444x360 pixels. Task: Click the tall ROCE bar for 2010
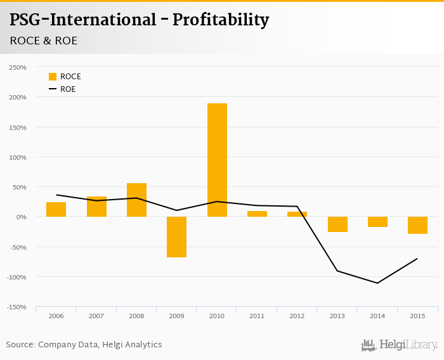pos(217,160)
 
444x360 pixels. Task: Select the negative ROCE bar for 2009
pos(176,237)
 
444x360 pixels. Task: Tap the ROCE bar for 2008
pos(136,200)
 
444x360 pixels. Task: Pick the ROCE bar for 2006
pos(56,210)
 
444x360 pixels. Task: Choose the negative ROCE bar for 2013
pos(337,224)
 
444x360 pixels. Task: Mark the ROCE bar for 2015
pos(417,226)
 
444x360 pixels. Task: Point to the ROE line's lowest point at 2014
pos(377,283)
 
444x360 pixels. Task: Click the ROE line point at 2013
pos(337,271)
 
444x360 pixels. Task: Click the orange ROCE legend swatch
pos(53,77)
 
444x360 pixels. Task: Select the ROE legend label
pos(68,89)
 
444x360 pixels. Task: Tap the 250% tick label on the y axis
pos(18,67)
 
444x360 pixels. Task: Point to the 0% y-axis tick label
pos(21,217)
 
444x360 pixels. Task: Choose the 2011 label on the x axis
pos(257,315)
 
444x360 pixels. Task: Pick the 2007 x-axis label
pos(96,315)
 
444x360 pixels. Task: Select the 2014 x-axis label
pos(377,315)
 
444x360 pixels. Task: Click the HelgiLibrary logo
pos(400,345)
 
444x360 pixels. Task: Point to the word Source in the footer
pos(20,345)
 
